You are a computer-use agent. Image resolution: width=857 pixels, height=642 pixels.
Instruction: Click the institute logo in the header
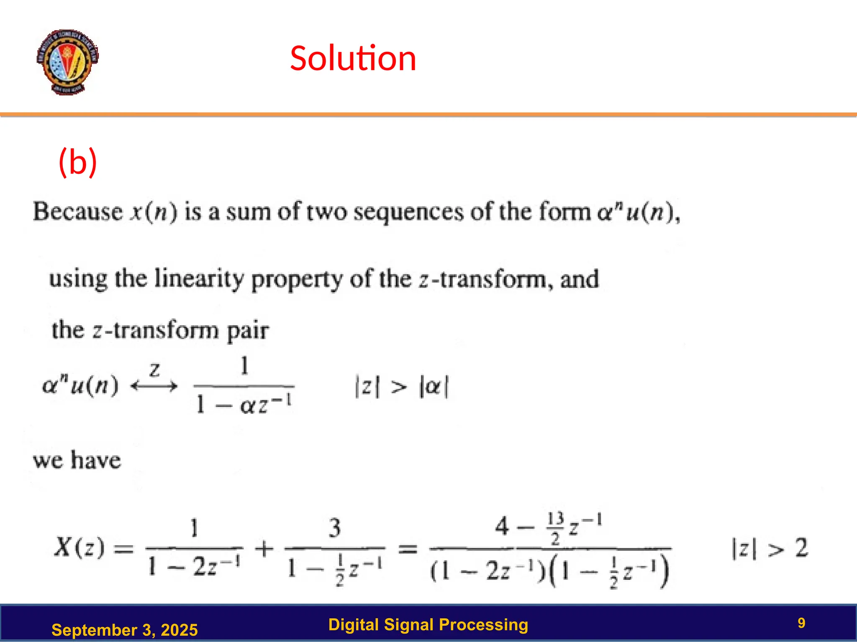click(x=67, y=62)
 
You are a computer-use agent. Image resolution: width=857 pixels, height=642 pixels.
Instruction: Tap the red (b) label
click(x=78, y=162)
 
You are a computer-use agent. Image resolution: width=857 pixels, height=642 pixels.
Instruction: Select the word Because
click(x=78, y=211)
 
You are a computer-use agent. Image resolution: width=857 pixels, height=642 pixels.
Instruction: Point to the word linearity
click(x=199, y=279)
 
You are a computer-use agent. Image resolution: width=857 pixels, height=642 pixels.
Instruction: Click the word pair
click(x=248, y=331)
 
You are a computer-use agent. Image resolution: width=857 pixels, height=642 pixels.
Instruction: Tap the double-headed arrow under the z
click(x=154, y=386)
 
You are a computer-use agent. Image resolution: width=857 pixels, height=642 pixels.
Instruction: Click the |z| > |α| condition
click(x=401, y=387)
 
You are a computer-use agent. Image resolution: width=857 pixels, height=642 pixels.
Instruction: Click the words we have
click(x=77, y=460)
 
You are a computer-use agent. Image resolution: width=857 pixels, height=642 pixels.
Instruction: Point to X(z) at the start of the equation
click(x=79, y=547)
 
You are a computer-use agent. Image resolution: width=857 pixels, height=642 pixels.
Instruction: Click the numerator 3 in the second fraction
click(x=334, y=528)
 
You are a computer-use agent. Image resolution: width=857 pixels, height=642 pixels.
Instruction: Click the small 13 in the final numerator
click(x=555, y=519)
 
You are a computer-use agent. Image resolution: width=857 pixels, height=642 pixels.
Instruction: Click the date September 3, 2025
click(x=124, y=630)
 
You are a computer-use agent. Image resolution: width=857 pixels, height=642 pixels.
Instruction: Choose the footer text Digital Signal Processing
click(x=428, y=624)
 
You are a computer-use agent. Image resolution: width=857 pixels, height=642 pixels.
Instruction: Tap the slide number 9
click(x=801, y=623)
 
